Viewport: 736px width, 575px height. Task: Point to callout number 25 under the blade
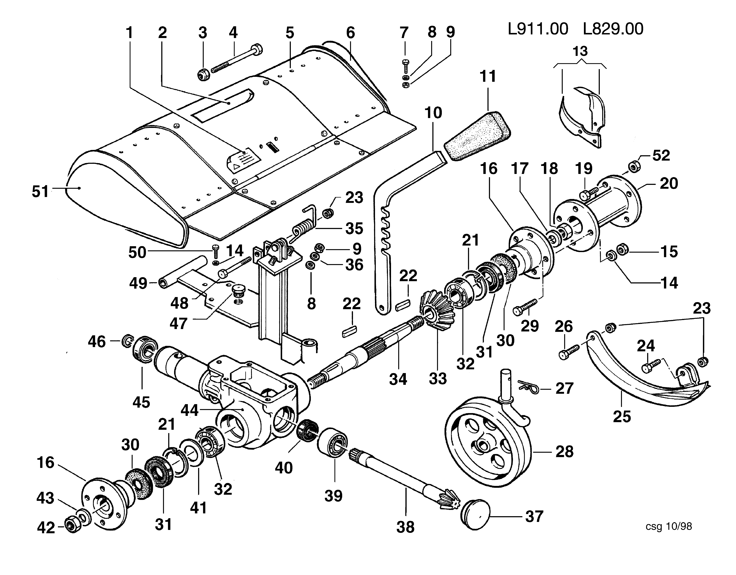coord(622,416)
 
